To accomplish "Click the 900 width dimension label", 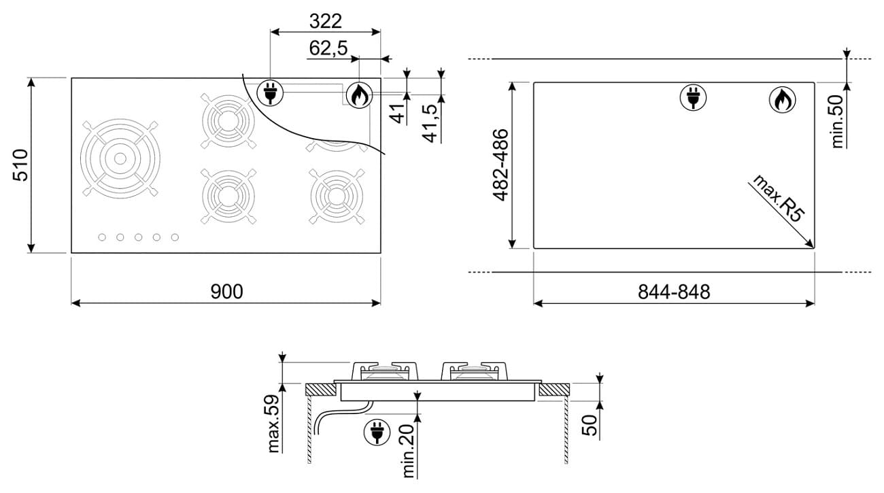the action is click(226, 292).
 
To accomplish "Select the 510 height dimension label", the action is click(20, 165).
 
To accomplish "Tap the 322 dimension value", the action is click(325, 21).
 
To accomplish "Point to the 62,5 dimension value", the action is click(328, 48).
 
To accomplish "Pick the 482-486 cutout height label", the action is click(500, 165).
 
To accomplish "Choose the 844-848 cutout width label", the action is click(674, 292).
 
